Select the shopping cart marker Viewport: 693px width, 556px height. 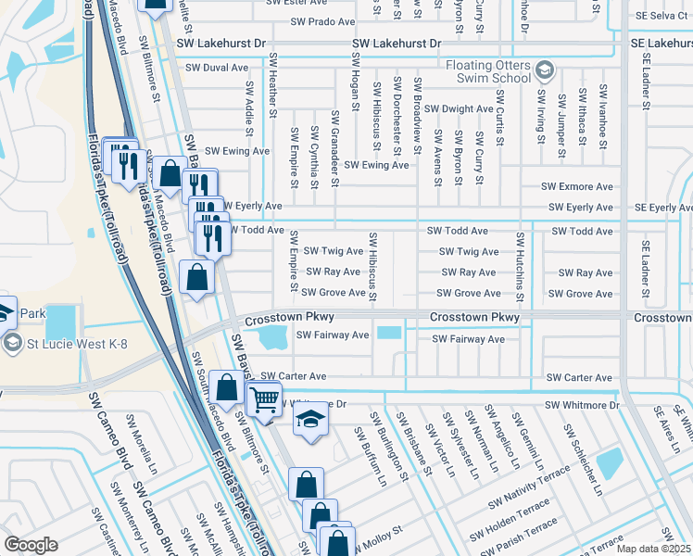point(265,400)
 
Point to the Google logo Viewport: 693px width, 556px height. point(31,545)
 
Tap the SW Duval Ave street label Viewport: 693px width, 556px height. point(217,68)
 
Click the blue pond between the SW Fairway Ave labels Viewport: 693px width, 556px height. point(389,333)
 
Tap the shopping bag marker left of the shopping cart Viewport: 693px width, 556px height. point(226,387)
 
